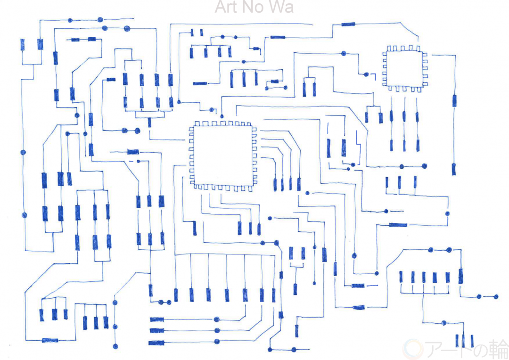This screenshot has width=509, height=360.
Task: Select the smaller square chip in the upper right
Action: coord(404,68)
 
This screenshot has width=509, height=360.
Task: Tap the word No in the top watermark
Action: coord(256,8)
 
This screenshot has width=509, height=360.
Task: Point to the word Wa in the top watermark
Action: coord(282,8)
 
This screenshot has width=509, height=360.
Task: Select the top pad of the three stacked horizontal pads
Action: coord(157,319)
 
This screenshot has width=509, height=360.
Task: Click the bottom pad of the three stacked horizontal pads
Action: coord(157,343)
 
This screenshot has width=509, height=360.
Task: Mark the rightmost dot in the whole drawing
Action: coord(496,296)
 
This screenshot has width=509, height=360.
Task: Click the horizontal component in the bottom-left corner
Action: coord(50,340)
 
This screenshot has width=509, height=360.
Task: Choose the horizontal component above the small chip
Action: coord(349,24)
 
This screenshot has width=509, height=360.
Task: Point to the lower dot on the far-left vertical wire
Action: coord(24,215)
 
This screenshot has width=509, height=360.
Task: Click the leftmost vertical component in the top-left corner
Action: coord(23,45)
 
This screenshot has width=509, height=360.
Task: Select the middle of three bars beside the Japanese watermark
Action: coord(464,340)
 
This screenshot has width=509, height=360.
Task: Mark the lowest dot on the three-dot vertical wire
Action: coord(115,347)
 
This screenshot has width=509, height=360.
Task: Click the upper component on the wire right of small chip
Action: coord(454,100)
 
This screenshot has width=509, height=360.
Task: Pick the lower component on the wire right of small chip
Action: coord(454,169)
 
